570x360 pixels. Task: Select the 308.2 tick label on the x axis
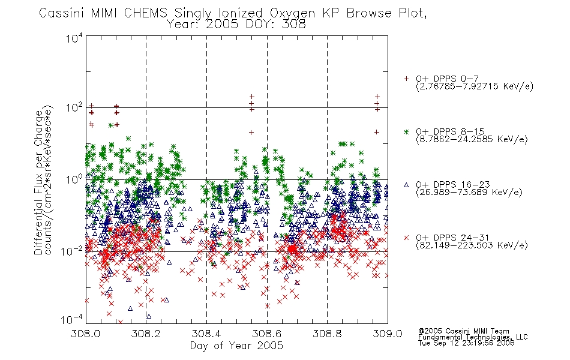[x=146, y=334]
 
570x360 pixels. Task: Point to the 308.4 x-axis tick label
[x=206, y=334]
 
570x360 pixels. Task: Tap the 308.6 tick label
[x=266, y=334]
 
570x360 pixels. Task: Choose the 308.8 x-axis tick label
[x=327, y=334]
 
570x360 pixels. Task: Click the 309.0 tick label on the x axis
[x=388, y=334]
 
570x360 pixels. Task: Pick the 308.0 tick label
[x=85, y=334]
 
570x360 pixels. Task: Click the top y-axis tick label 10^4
[x=74, y=37]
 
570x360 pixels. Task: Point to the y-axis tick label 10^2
[x=74, y=108]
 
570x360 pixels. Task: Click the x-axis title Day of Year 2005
[x=236, y=346]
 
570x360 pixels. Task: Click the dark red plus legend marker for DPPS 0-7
[x=406, y=79]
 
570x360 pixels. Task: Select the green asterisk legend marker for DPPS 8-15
[x=406, y=131]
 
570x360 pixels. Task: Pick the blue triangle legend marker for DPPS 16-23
[x=406, y=185]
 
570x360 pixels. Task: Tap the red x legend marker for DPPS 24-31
[x=406, y=238]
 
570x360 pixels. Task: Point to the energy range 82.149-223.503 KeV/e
[x=472, y=245]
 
